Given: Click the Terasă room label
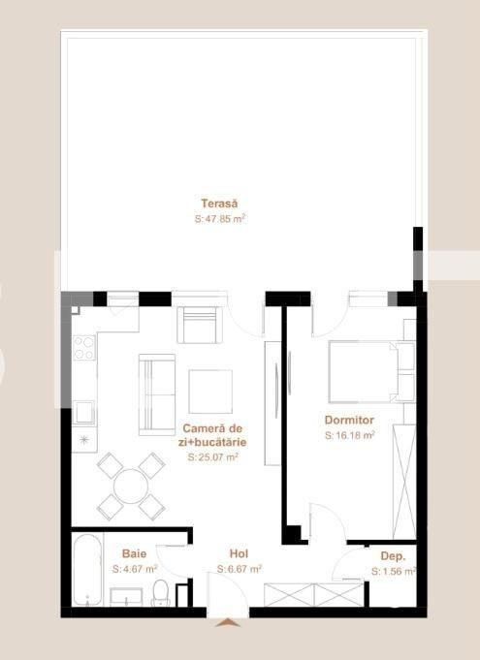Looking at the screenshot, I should [x=220, y=204].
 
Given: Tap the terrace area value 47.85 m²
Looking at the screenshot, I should [x=220, y=220].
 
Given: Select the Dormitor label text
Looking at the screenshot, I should [x=350, y=420].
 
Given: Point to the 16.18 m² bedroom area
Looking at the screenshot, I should [x=350, y=436].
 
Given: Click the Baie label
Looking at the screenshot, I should [x=134, y=553].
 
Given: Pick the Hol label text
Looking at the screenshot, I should [x=239, y=553].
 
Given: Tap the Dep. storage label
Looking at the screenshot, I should [x=393, y=556].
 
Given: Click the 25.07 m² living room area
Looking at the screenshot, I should [x=213, y=456].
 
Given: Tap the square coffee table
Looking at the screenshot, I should [x=210, y=392].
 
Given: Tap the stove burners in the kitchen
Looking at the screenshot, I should [x=84, y=347].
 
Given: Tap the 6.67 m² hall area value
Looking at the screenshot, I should [x=239, y=570].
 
